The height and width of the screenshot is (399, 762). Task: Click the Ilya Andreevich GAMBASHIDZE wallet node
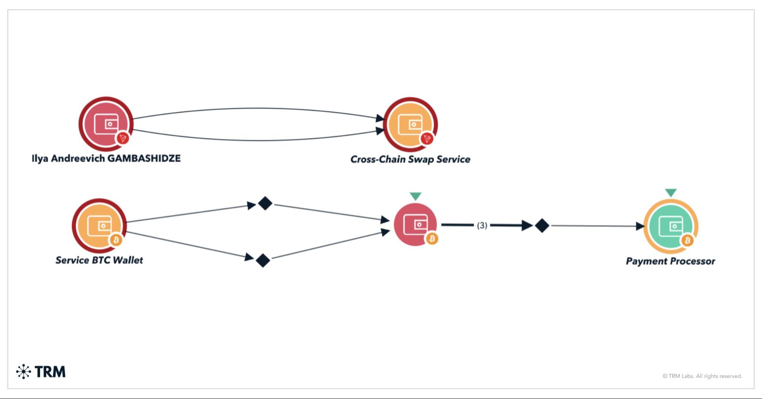pyautogui.click(x=106, y=124)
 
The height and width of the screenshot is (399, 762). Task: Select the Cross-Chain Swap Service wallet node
pyautogui.click(x=410, y=124)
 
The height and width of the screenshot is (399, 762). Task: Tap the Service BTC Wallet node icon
pyautogui.click(x=99, y=226)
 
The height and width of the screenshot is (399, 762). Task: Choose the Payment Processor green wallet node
pyautogui.click(x=671, y=226)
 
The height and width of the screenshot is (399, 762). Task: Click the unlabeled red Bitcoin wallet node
pyautogui.click(x=415, y=224)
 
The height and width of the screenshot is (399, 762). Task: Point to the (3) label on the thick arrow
pyautogui.click(x=482, y=226)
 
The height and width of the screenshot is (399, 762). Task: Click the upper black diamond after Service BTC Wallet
pyautogui.click(x=265, y=204)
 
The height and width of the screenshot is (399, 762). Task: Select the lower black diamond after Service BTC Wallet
pyautogui.click(x=263, y=261)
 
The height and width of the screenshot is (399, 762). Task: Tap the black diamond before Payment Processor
pyautogui.click(x=542, y=226)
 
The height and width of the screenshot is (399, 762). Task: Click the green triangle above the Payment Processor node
pyautogui.click(x=671, y=192)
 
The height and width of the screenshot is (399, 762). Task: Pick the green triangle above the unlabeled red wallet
pyautogui.click(x=415, y=196)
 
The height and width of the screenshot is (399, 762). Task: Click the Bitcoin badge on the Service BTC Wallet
pyautogui.click(x=116, y=240)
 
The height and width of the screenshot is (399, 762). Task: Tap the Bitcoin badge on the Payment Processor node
pyautogui.click(x=687, y=240)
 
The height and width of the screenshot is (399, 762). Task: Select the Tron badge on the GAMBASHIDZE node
pyautogui.click(x=123, y=138)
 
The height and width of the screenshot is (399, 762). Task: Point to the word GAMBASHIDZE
pyautogui.click(x=144, y=159)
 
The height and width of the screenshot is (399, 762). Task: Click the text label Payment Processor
pyautogui.click(x=670, y=261)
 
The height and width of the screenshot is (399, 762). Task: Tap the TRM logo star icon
pyautogui.click(x=24, y=372)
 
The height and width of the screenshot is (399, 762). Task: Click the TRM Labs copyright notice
pyautogui.click(x=702, y=376)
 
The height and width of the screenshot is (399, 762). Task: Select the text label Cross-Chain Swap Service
pyautogui.click(x=410, y=159)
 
